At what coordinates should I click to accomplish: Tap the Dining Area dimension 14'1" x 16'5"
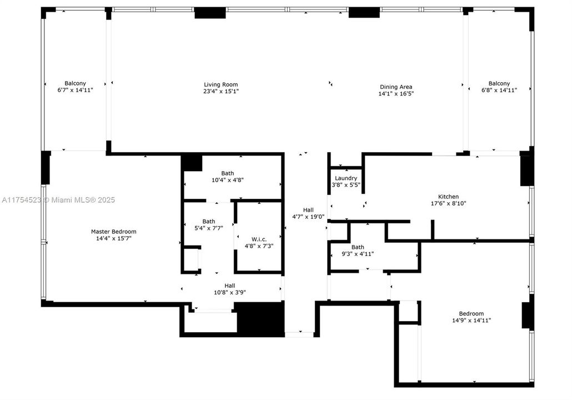(x=395, y=94)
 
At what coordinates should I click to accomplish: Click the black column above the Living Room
(x=210, y=13)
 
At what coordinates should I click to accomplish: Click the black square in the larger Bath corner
(x=192, y=163)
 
